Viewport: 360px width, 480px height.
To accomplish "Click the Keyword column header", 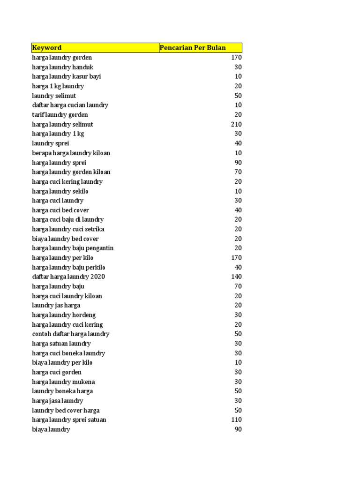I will (47, 48).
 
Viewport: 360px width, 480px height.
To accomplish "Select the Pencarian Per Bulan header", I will (193, 48).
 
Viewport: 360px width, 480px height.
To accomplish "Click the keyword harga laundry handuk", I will (63, 67).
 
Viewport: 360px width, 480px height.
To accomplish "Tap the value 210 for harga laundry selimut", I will (236, 124).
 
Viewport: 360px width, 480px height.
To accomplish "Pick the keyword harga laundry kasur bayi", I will (67, 76).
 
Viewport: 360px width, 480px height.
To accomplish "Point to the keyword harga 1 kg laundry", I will (58, 86).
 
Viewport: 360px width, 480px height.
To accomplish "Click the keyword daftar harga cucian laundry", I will (70, 105).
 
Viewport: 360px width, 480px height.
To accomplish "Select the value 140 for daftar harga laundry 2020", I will (236, 277).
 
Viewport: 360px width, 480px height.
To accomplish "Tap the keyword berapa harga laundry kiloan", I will (71, 153).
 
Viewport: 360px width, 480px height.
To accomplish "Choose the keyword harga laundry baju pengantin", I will (73, 248).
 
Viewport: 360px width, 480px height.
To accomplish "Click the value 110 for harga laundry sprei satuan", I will (236, 420).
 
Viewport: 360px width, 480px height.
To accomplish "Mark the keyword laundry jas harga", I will (56, 305).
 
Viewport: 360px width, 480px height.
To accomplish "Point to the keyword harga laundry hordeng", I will (64, 315).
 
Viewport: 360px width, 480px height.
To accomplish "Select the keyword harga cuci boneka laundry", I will (68, 353).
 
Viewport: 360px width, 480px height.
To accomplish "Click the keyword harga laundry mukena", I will (63, 382).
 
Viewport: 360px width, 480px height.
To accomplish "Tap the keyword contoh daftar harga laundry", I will (71, 334).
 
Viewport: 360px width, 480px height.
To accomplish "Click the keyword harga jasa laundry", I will (58, 401).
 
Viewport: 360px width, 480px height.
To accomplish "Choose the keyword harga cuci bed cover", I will (60, 210).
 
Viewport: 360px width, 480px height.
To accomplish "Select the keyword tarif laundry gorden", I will (60, 115).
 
